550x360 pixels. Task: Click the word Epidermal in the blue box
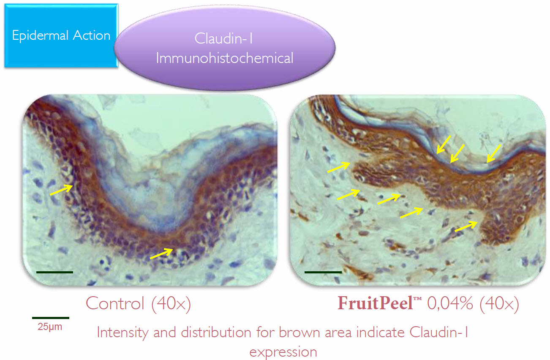(x=40, y=36)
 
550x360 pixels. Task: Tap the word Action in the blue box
(x=92, y=35)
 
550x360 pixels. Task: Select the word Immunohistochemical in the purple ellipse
(x=225, y=58)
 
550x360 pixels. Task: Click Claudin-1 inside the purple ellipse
(x=223, y=38)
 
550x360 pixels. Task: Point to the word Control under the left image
(x=115, y=303)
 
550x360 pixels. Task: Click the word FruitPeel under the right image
(x=375, y=303)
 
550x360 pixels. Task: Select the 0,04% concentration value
(x=450, y=303)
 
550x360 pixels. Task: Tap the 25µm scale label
(x=50, y=327)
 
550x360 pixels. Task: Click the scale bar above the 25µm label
(x=51, y=318)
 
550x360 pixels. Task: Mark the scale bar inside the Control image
(x=54, y=272)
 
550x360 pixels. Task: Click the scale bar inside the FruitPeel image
(x=323, y=272)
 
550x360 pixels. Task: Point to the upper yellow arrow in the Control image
(x=61, y=190)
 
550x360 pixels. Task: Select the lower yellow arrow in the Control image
(x=161, y=254)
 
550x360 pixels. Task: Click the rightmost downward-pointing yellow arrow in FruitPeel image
(x=494, y=153)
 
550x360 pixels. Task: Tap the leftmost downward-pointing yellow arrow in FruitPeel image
(x=444, y=145)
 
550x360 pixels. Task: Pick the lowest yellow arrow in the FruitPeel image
(x=466, y=226)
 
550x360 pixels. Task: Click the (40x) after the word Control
(x=171, y=304)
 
